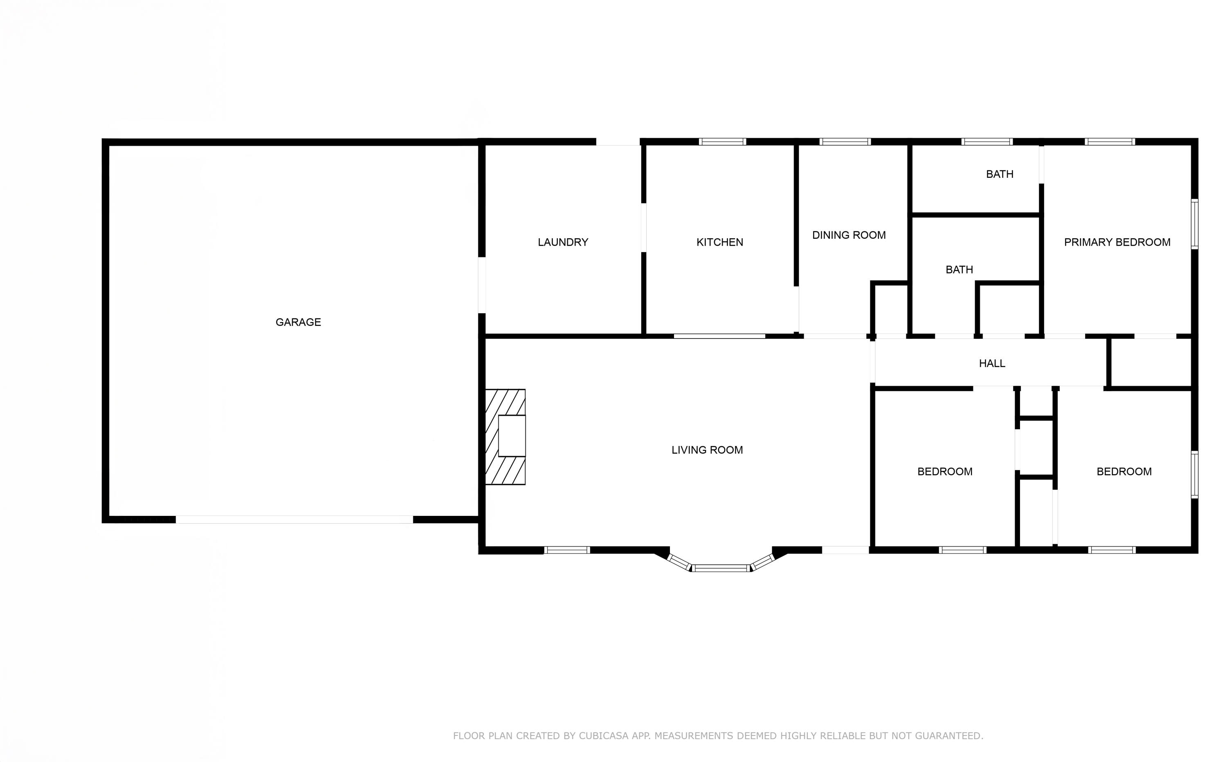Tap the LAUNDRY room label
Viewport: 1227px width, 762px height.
[x=563, y=242]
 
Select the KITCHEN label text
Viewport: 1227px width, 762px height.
[x=719, y=242]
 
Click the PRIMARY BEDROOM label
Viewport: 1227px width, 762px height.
[x=1117, y=242]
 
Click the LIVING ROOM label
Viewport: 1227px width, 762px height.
[x=707, y=450]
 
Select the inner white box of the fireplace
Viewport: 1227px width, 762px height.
[x=512, y=436]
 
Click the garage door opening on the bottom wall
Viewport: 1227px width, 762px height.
[x=294, y=520]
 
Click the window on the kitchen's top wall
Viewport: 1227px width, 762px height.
[x=722, y=141]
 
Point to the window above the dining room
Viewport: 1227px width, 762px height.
[x=845, y=141]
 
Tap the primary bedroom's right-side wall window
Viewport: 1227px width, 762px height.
[x=1194, y=224]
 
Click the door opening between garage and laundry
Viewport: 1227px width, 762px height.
[x=481, y=285]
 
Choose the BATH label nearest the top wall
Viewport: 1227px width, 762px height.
[x=999, y=175]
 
